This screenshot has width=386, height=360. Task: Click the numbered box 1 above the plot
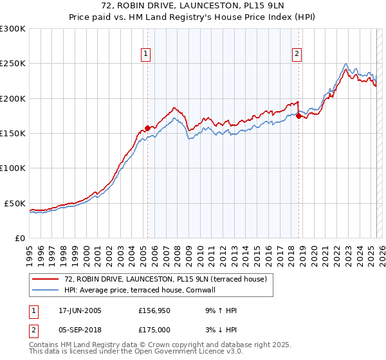tap(147, 55)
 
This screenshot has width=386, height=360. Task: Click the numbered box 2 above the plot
tap(297, 55)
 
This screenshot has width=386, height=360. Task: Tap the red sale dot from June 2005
tap(147, 128)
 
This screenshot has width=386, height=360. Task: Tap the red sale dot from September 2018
tap(299, 116)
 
